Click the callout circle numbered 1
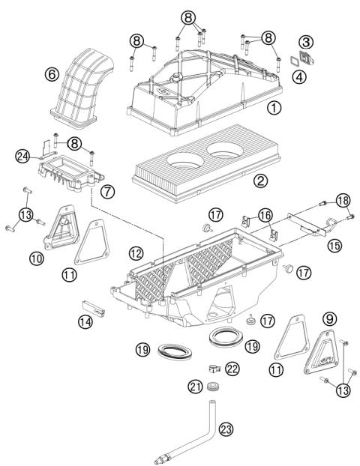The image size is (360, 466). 275,108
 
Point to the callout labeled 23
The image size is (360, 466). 226,429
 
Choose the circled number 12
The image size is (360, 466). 135,255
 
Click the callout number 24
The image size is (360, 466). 22,156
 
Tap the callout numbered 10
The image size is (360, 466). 35,258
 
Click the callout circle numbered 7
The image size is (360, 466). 108,192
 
